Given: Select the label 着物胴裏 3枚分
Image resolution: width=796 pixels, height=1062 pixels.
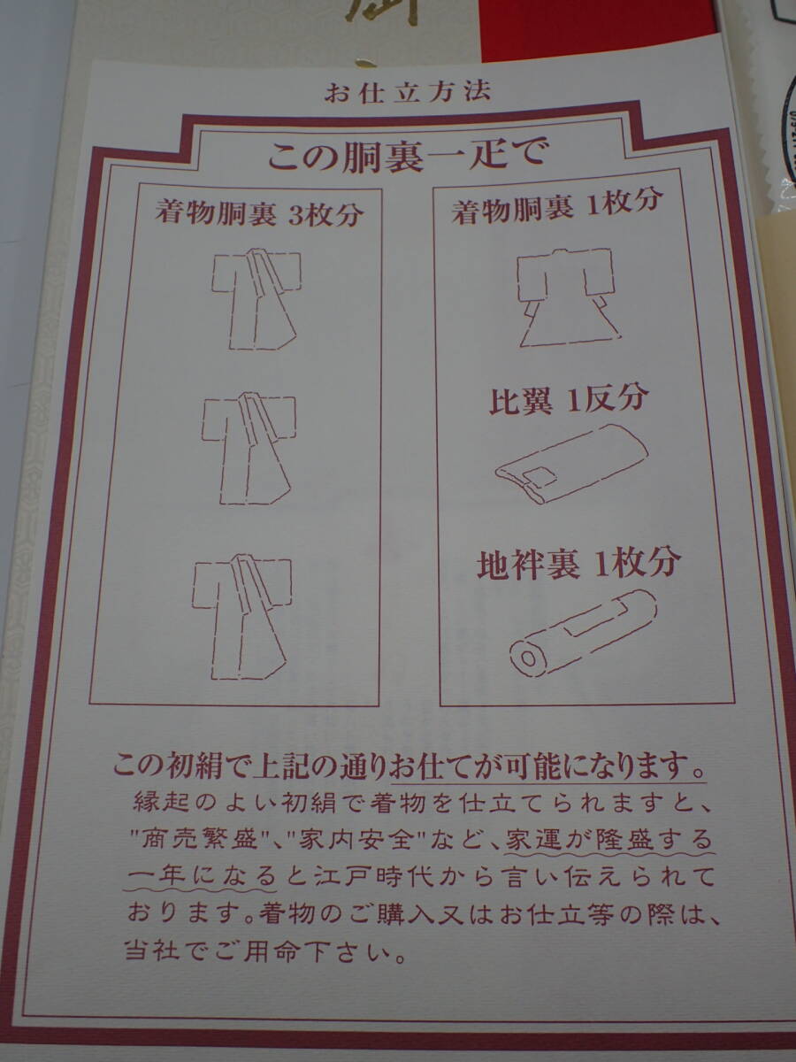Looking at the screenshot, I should pyautogui.click(x=259, y=214).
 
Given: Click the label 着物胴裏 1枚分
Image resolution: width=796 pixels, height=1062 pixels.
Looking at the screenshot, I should pyautogui.click(x=557, y=208).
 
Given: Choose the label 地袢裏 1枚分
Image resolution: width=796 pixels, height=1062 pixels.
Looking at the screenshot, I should pyautogui.click(x=579, y=564).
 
